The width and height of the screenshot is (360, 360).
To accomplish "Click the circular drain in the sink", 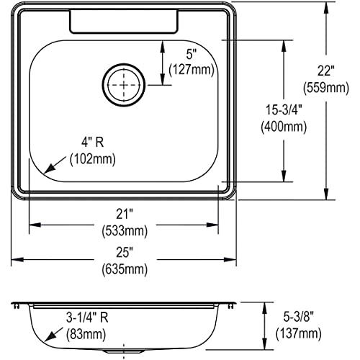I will (x=126, y=84).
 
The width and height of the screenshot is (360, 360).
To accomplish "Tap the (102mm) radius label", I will (x=91, y=158).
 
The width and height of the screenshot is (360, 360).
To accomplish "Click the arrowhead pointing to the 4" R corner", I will (x=48, y=170).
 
